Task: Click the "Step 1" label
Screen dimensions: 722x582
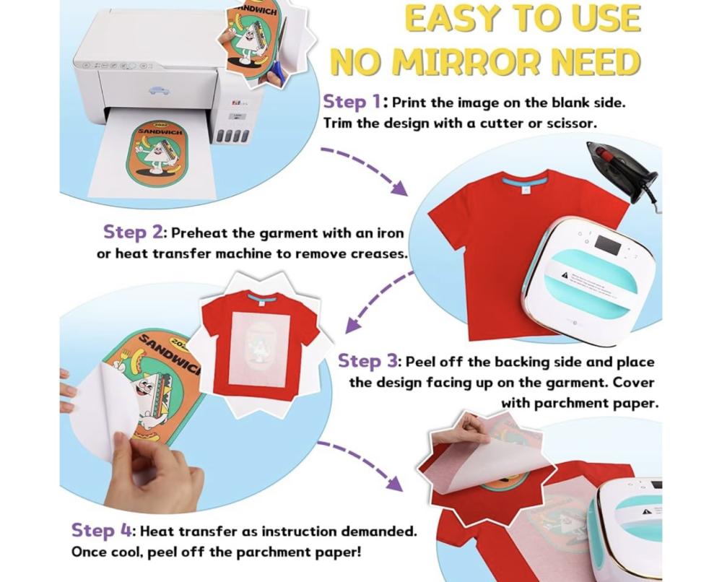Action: pos(353,102)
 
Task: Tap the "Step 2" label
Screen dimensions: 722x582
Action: pos(131,232)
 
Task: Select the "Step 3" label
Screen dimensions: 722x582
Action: pos(367,362)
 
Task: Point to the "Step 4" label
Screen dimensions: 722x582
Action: pos(101,531)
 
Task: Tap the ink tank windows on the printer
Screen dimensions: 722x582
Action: pos(232,135)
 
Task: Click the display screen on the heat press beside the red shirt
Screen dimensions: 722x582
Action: pos(606,244)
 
